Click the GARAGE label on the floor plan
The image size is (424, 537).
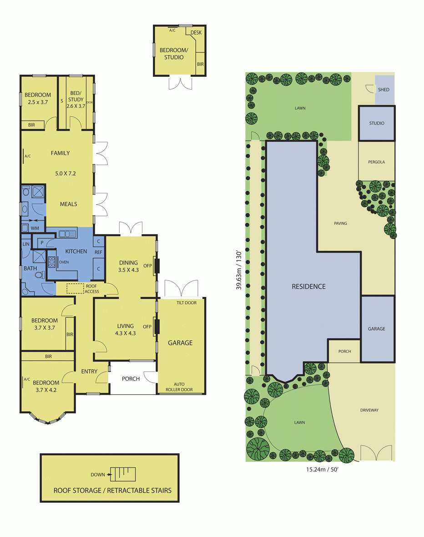pyautogui.click(x=180, y=343)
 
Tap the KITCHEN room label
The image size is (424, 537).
pyautogui.click(x=76, y=251)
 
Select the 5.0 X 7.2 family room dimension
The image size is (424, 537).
pyautogui.click(x=66, y=174)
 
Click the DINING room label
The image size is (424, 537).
pyautogui.click(x=129, y=263)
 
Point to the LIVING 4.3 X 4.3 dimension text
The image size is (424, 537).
pyautogui.click(x=126, y=333)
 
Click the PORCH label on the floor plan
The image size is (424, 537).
pyautogui.click(x=131, y=379)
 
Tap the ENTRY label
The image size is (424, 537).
pyautogui.click(x=89, y=371)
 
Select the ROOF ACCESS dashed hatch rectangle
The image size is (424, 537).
pyautogui.click(x=75, y=288)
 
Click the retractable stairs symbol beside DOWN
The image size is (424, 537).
pyautogui.click(x=123, y=474)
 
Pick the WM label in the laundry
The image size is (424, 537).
pyautogui.click(x=35, y=228)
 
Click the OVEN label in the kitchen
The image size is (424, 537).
pyautogui.click(x=64, y=262)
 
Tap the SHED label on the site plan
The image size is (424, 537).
pyautogui.click(x=384, y=90)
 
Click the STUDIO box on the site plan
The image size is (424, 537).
pyautogui.click(x=377, y=123)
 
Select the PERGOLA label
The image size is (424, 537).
pyautogui.click(x=376, y=162)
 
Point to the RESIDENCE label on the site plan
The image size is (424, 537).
pyautogui.click(x=308, y=286)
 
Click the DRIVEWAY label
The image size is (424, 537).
pyautogui.click(x=369, y=410)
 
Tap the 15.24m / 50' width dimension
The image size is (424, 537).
pyautogui.click(x=322, y=470)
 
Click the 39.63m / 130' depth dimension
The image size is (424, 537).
pyautogui.click(x=239, y=270)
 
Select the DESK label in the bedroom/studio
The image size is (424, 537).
pyautogui.click(x=196, y=33)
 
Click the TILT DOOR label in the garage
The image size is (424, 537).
pyautogui.click(x=187, y=303)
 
